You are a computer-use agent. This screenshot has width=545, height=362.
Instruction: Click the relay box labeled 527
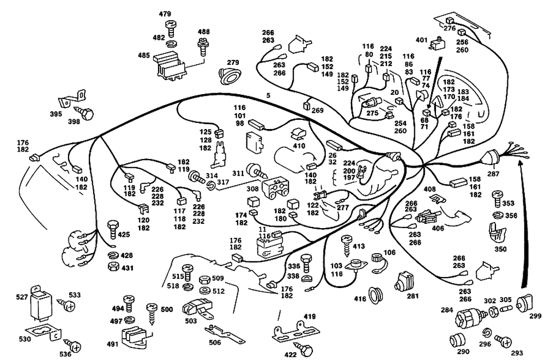click(41, 302)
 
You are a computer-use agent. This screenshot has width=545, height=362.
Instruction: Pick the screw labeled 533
click(70, 307)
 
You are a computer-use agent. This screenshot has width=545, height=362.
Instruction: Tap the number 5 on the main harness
click(268, 96)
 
